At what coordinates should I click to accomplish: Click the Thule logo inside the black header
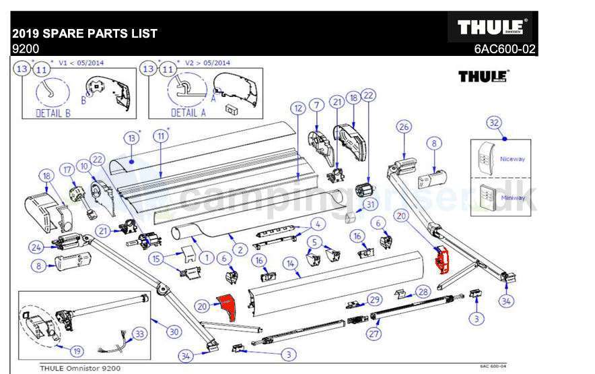pos(492,27)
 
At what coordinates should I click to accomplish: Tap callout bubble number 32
pos(494,123)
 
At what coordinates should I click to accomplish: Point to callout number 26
pos(403,126)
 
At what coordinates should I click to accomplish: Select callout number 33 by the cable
pos(139,333)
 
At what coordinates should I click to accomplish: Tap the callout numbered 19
pos(77,350)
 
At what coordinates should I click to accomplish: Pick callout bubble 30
pos(174,331)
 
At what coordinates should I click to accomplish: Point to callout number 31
pos(370,204)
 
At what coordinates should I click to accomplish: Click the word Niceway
pos(512,159)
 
